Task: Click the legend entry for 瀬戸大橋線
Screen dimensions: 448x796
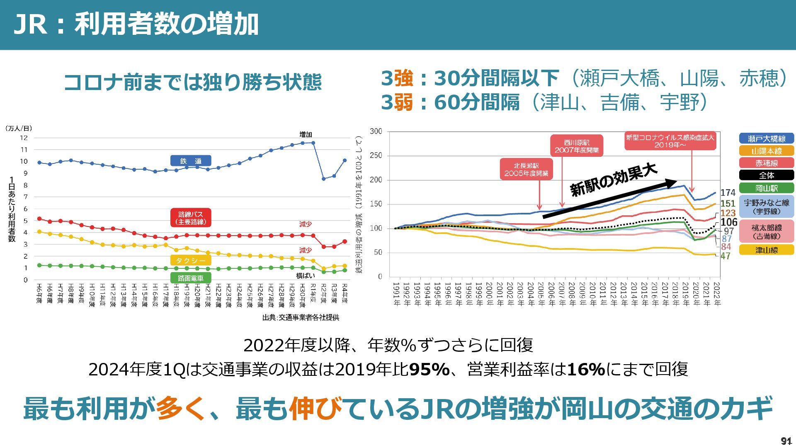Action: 766,139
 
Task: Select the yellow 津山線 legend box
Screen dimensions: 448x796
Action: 766,250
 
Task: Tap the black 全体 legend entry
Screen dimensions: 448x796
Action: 766,175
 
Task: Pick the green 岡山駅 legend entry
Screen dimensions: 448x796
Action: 766,188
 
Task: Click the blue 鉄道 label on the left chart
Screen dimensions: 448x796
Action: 191,161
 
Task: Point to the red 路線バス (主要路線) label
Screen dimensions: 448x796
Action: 191,218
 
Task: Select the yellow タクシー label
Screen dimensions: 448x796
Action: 191,261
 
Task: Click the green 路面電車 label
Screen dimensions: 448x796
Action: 191,278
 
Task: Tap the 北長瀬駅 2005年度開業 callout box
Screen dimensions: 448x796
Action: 526,169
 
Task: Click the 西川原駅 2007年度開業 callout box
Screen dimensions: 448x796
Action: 577,146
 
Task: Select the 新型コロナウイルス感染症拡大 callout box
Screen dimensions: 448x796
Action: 670,141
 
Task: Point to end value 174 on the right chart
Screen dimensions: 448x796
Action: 728,193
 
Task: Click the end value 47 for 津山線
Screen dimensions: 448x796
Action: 725,256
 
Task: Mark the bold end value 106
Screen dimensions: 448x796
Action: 729,222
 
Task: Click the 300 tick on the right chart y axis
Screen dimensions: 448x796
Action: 376,131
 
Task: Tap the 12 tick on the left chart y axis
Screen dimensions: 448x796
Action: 24,138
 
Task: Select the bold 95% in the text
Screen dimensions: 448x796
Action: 430,369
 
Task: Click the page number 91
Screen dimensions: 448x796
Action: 786,441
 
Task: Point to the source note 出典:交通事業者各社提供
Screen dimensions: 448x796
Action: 301,318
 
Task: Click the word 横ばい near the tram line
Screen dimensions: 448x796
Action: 306,275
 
